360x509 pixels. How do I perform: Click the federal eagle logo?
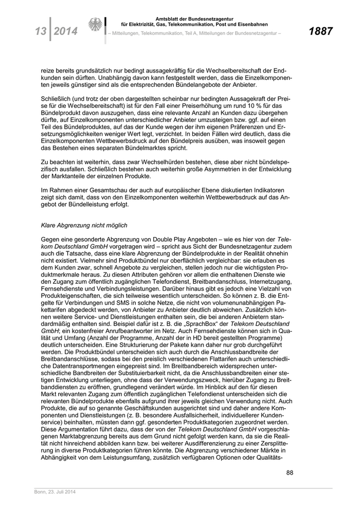click(x=95, y=26)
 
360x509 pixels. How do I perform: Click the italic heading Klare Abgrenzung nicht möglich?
click(x=84, y=225)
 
